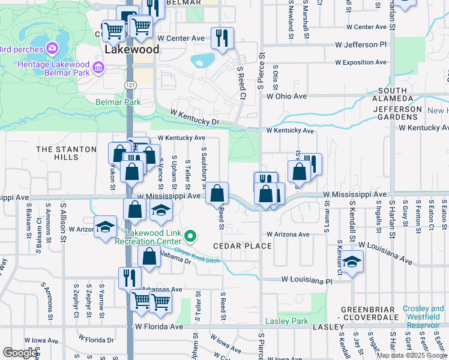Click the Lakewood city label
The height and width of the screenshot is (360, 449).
(132, 50)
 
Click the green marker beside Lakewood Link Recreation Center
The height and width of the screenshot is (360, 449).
(190, 236)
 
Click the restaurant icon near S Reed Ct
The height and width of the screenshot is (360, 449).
(222, 38)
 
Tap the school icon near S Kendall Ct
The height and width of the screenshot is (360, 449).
(353, 262)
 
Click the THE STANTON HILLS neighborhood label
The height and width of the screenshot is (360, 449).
(66, 153)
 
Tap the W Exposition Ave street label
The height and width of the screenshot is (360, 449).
(361, 62)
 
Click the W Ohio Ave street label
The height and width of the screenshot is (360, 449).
(287, 96)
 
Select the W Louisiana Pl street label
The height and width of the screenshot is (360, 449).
(307, 280)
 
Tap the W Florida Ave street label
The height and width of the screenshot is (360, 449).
(158, 327)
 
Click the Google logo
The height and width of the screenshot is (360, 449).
(20, 353)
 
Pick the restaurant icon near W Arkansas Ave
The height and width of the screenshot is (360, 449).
(129, 278)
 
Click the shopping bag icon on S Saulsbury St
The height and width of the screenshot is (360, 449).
(217, 193)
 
